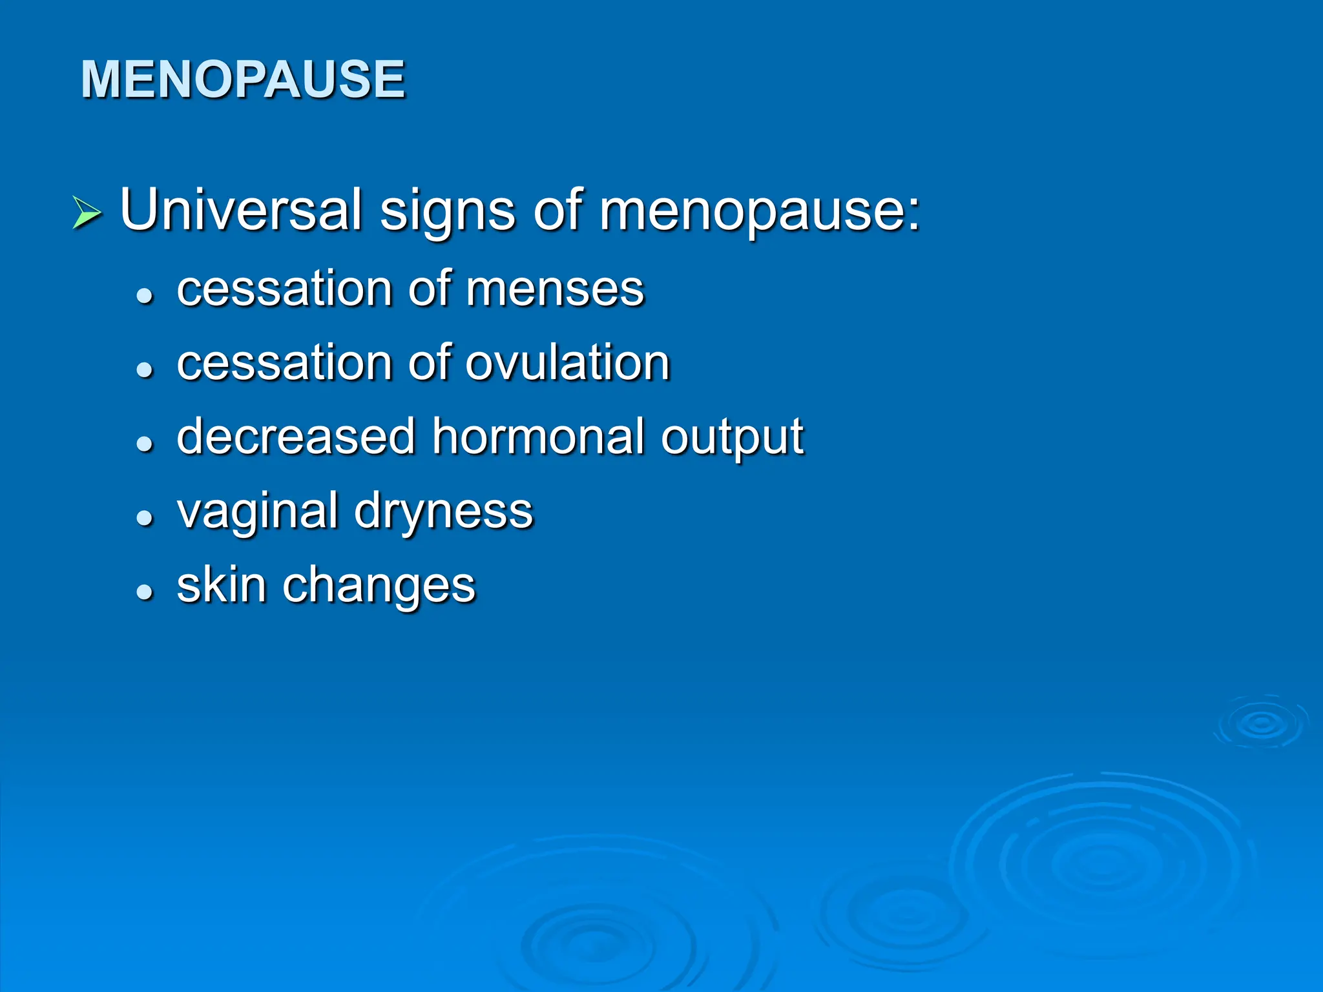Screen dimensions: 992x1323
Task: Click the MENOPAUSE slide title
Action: click(243, 79)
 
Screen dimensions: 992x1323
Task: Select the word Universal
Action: click(240, 209)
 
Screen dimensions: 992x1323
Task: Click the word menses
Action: click(555, 289)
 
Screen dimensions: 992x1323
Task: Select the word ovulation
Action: click(567, 363)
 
